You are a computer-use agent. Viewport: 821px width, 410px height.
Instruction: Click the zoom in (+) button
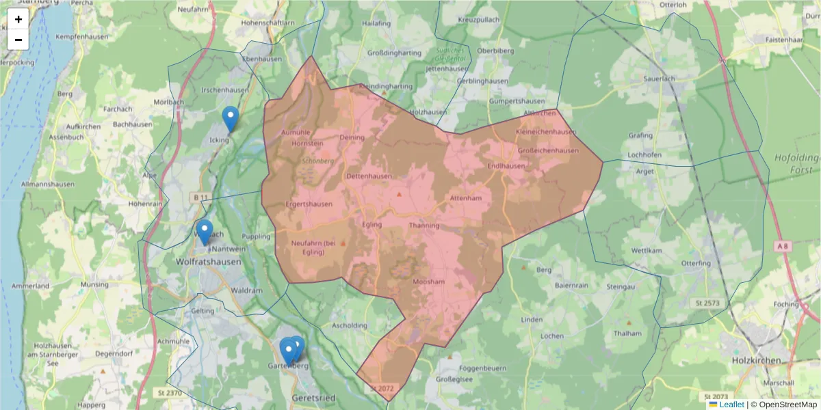[18, 19]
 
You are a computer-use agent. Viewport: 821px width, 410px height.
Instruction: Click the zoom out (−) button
[18, 40]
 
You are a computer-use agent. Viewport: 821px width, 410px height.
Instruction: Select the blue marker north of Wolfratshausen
[204, 232]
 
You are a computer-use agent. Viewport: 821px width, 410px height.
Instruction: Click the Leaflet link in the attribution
[731, 405]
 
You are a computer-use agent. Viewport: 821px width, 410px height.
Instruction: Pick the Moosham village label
[429, 282]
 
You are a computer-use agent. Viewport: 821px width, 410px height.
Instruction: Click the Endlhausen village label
[506, 166]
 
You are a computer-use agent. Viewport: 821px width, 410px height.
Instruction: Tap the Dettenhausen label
[369, 176]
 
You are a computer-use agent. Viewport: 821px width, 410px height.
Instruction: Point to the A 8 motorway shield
[783, 245]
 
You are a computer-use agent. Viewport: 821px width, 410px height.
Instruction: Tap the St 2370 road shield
[170, 393]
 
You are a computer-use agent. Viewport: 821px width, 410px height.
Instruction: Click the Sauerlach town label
[660, 79]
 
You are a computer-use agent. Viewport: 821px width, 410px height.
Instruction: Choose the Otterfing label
[696, 263]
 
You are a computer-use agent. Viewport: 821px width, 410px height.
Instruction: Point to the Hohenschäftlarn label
[272, 23]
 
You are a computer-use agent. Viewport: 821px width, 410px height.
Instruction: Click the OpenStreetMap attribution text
[787, 405]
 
